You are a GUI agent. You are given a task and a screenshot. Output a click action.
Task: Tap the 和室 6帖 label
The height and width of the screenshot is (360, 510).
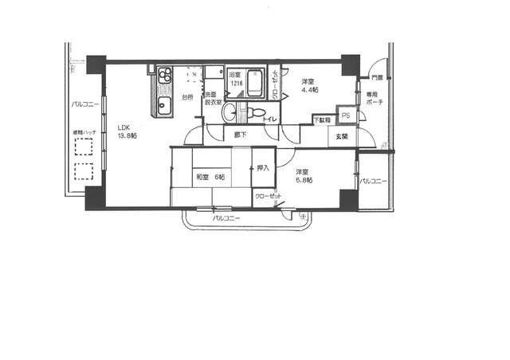click(210, 176)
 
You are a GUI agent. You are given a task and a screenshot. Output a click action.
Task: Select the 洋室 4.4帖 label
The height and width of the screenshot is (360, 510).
click(309, 86)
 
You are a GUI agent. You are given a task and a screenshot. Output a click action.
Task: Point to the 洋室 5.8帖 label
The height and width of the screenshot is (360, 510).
click(303, 177)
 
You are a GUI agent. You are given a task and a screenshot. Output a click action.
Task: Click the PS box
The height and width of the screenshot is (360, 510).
click(345, 115)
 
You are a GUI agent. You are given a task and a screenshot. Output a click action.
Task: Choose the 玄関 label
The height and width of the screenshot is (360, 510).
click(341, 137)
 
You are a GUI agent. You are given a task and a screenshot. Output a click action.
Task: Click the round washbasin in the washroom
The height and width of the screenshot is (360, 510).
click(229, 111)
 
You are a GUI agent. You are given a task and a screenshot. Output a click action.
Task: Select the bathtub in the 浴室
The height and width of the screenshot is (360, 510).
click(256, 85)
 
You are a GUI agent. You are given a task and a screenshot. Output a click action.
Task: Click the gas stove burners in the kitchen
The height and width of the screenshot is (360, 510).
click(165, 76)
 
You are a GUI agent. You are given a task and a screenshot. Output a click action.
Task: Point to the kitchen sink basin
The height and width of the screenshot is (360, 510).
click(164, 105)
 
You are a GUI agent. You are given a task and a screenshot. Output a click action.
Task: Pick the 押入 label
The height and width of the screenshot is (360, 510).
click(263, 169)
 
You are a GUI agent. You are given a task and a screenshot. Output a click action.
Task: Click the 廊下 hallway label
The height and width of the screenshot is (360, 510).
click(239, 135)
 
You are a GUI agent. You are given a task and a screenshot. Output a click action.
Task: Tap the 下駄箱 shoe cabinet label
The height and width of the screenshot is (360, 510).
click(320, 120)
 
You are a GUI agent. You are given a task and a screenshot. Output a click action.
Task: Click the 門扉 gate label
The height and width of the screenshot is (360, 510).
click(375, 78)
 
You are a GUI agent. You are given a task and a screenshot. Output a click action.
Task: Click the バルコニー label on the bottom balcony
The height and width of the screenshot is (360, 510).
click(228, 217)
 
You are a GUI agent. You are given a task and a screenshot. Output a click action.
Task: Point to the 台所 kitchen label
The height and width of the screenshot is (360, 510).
click(186, 97)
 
